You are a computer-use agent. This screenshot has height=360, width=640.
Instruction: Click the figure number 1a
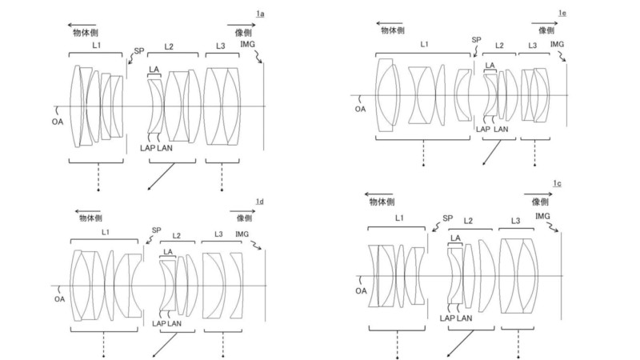point(260,14)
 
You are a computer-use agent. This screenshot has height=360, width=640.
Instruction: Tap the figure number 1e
point(562,14)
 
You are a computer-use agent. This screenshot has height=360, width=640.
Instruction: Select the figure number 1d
point(259,202)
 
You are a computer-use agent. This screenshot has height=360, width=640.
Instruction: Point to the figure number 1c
point(557,184)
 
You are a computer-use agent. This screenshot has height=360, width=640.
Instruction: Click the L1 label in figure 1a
point(96,46)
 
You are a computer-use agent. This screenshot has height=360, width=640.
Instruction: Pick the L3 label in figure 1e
point(533,46)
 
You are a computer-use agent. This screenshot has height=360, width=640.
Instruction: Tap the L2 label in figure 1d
point(176,235)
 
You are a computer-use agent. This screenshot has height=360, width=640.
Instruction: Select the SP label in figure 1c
point(448,218)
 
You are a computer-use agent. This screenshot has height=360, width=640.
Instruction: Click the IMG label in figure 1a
point(247,44)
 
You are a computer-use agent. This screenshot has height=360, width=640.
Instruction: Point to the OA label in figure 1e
point(361,109)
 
